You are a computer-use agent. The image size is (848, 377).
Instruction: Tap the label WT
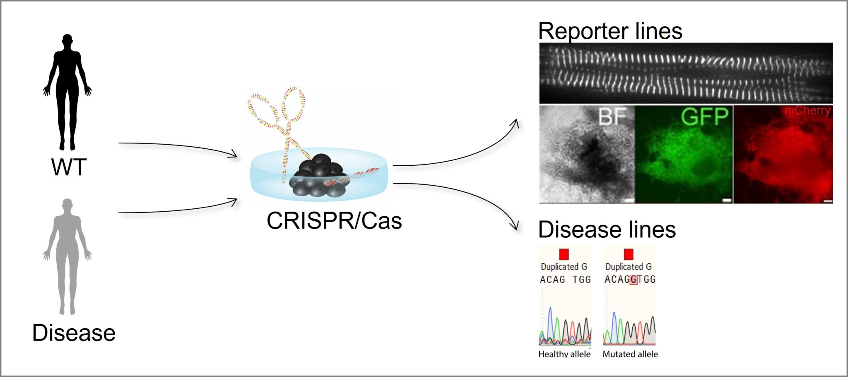(69, 167)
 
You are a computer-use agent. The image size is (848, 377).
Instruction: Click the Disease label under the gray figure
(74, 333)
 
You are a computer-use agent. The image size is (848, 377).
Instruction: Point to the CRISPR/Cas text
(334, 221)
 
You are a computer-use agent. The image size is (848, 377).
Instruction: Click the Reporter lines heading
(610, 31)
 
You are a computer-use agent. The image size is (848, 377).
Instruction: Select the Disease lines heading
(607, 230)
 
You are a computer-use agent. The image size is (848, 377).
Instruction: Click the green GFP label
(704, 117)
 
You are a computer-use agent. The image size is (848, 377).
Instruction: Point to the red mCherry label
(807, 111)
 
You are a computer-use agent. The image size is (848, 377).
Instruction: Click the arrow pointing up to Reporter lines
(455, 153)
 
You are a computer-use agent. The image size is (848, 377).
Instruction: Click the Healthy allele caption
(564, 354)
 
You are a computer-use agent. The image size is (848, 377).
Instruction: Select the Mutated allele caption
(630, 354)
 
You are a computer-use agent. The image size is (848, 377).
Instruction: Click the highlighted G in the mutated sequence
(633, 280)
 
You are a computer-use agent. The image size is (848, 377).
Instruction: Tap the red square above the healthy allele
(564, 254)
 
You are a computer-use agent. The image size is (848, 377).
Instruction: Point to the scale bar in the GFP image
(727, 200)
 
